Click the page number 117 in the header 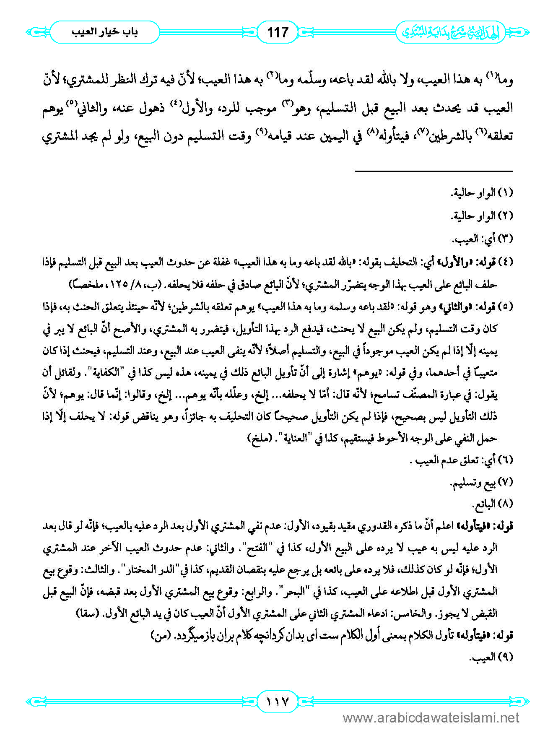[278, 32]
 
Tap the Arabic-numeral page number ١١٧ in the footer [277, 701]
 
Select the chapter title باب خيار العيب [105, 32]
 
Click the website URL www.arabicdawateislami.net [431, 718]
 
